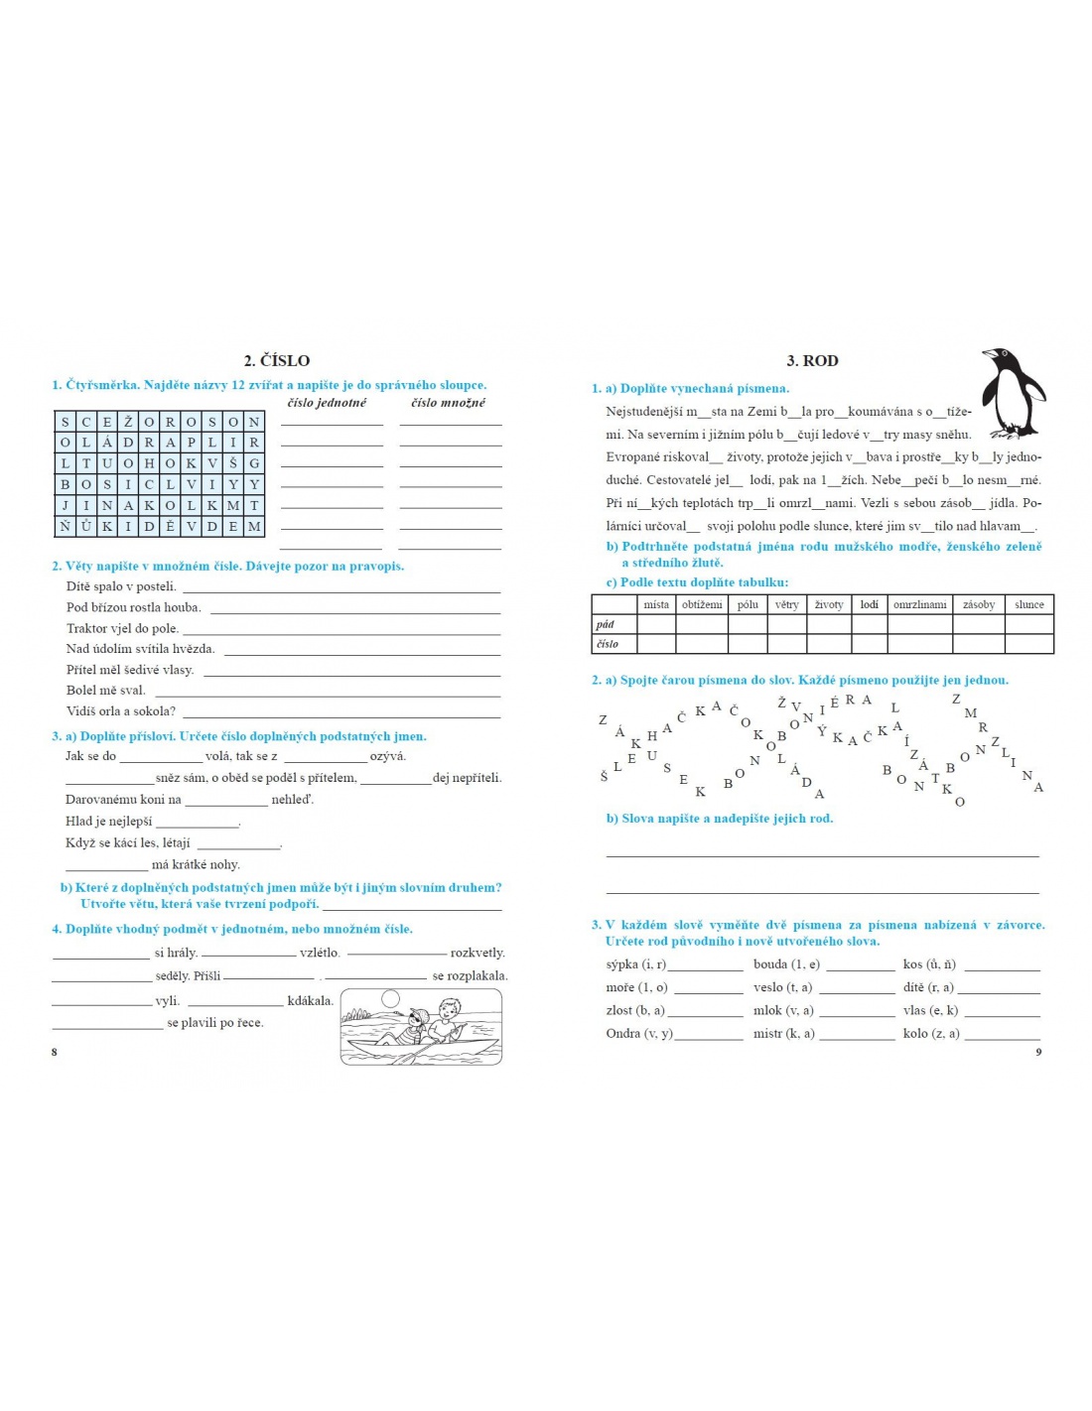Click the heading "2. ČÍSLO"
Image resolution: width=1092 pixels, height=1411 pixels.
tap(277, 360)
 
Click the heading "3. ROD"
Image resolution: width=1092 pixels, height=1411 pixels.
tap(812, 361)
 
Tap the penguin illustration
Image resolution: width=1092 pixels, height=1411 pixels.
tap(1012, 394)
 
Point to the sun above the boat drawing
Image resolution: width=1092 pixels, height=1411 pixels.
tap(390, 999)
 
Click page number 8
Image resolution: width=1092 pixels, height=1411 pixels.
tap(55, 1052)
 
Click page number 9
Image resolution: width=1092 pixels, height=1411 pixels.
tap(1038, 1052)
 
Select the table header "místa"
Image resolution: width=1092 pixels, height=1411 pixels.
tap(656, 604)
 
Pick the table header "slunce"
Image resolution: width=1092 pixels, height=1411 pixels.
tap(1028, 604)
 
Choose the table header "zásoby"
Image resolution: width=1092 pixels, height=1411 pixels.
tap(978, 604)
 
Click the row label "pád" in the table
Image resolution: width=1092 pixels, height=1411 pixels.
tap(606, 624)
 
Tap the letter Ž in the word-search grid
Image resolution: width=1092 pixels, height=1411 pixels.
tap(128, 422)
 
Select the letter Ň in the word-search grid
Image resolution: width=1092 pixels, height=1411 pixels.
tap(66, 527)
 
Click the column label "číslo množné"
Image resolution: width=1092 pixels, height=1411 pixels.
tap(449, 403)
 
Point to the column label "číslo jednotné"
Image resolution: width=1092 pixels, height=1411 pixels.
tap(327, 403)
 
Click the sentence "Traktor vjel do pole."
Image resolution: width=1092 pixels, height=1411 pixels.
tap(122, 628)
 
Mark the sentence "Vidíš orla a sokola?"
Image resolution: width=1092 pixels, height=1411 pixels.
tap(121, 711)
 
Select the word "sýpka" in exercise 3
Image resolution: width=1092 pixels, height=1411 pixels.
tap(621, 964)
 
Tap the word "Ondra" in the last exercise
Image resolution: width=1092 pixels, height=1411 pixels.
tap(623, 1034)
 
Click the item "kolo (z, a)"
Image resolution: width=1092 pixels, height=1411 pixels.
tap(931, 1034)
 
